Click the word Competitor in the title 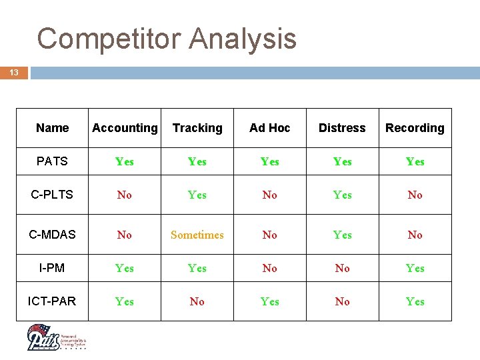109,39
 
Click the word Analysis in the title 243,39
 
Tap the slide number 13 14,73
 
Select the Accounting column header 125,128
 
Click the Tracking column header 197,128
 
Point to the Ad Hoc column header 270,128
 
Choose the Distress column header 342,128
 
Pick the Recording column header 415,128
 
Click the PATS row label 53,161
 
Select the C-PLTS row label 53,195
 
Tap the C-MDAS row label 53,235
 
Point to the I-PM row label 53,268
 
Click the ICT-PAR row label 53,301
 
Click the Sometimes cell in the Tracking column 197,235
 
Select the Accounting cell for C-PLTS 125,195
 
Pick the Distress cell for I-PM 342,268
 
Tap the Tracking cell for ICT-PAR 197,301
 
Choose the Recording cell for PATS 415,161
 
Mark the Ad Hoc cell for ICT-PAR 270,301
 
